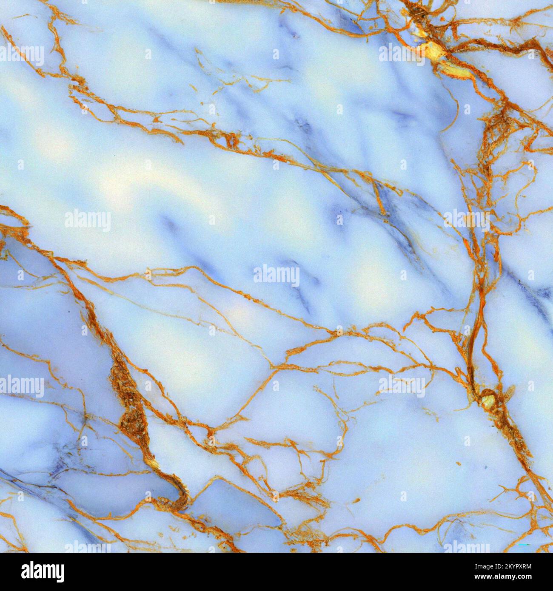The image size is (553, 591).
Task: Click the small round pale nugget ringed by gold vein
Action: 488,400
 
